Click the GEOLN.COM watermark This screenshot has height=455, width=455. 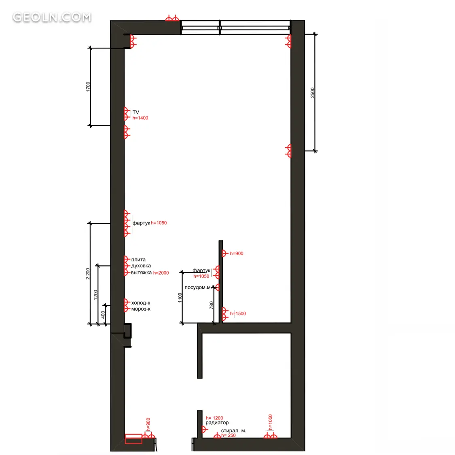(52, 17)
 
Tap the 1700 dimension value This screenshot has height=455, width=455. (88, 87)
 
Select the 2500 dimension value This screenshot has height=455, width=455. (312, 93)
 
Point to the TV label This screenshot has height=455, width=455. (136, 112)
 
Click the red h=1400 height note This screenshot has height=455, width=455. (140, 118)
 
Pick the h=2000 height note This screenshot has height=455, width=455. (161, 273)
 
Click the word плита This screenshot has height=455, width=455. (138, 259)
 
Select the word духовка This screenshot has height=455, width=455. (141, 266)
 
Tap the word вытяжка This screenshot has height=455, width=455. (141, 273)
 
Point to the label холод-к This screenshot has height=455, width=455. (141, 303)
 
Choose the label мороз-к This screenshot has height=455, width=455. (141, 309)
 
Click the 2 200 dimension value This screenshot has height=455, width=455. (88, 274)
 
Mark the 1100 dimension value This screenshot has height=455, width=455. (180, 298)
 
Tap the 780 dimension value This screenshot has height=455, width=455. (211, 305)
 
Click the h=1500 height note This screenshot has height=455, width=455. (238, 313)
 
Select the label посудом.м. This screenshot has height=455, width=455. (198, 288)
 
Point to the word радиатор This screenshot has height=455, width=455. (217, 423)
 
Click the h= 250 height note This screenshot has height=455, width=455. (229, 435)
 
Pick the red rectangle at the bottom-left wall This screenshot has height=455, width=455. (133, 439)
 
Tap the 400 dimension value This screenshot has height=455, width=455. (103, 315)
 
